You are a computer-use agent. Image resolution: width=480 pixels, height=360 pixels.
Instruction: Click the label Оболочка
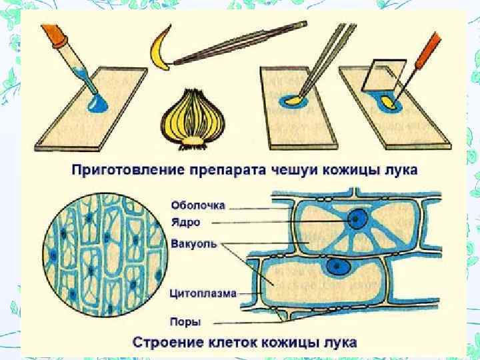(x=198, y=205)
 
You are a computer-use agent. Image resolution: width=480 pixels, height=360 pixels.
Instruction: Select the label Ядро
(x=184, y=222)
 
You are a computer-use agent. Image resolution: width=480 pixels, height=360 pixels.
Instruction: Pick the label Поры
(x=184, y=322)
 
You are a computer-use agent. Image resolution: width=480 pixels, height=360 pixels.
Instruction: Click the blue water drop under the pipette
(x=98, y=101)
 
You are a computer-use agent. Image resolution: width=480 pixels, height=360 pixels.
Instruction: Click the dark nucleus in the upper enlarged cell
(x=361, y=219)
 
